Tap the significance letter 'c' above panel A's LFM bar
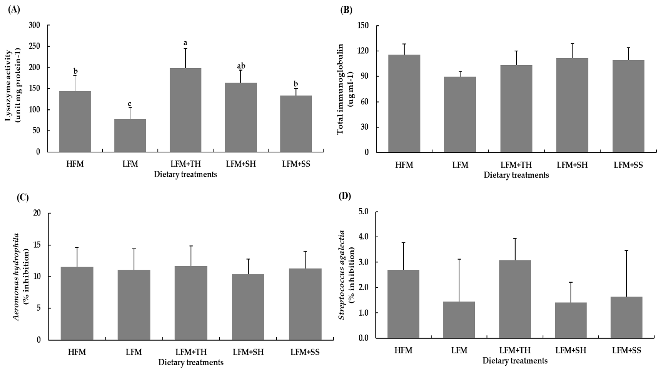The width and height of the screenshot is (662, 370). (130, 104)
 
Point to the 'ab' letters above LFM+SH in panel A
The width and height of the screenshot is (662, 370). (241, 66)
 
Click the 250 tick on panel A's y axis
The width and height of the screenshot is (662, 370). (36, 47)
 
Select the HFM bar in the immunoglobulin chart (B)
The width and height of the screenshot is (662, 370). (404, 104)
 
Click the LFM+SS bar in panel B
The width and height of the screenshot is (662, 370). (628, 106)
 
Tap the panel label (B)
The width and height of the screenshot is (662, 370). (346, 10)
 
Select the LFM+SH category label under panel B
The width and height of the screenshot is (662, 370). (572, 165)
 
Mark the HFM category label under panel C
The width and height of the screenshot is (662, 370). (77, 352)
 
